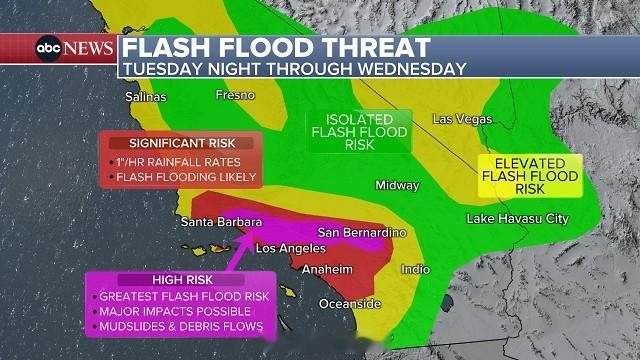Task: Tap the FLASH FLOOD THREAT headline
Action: click(x=277, y=47)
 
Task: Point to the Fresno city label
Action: click(x=236, y=95)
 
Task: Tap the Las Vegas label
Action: click(x=462, y=119)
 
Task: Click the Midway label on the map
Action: click(x=398, y=185)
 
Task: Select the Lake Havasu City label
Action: click(x=516, y=218)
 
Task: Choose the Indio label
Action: click(x=415, y=269)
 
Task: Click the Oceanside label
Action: click(x=350, y=303)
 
